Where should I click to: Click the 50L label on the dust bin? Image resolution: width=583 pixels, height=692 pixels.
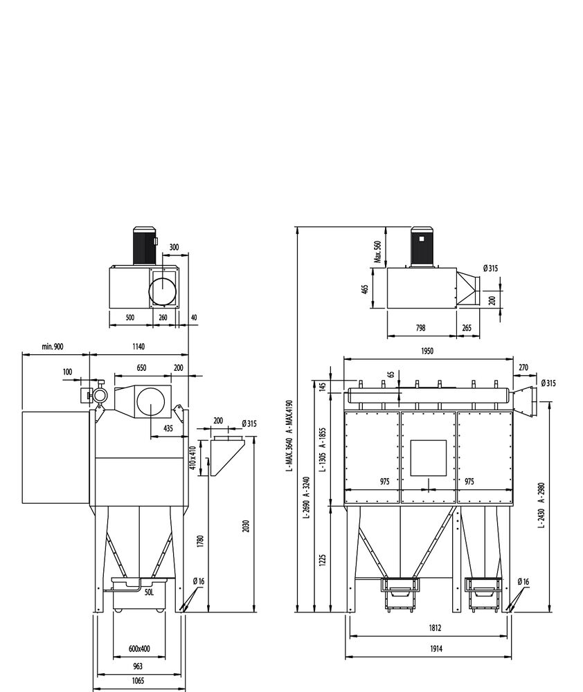pos(149,592)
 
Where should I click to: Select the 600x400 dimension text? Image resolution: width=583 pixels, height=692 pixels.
pos(139,649)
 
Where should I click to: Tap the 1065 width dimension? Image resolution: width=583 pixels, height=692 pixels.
pos(138,681)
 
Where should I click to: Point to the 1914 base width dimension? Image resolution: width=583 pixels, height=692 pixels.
pos(436,649)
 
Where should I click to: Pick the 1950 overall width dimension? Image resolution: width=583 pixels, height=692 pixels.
pos(427,352)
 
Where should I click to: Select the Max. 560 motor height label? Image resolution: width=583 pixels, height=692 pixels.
pos(377,252)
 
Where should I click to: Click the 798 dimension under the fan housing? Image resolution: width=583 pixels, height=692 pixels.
pos(420,328)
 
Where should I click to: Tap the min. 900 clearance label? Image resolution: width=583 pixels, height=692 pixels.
pos(53,347)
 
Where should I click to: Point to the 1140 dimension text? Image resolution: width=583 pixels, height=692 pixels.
pos(138,347)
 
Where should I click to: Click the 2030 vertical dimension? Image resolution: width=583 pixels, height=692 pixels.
pos(246,526)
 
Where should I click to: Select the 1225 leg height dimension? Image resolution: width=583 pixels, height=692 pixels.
pos(322,561)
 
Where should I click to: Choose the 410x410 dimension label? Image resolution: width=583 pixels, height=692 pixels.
pos(192,458)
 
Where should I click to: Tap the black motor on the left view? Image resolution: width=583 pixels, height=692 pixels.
pos(145,246)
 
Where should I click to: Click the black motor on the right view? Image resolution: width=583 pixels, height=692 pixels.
pos(422,247)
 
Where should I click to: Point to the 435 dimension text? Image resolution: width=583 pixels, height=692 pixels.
pos(168,428)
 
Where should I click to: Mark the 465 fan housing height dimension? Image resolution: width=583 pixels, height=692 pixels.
pos(365,290)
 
